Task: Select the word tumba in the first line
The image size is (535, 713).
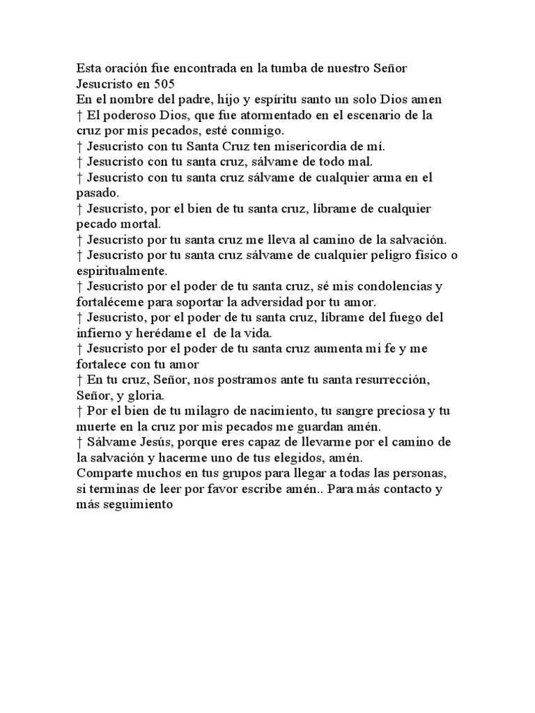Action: click(274, 69)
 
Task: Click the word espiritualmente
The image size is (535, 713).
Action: click(122, 270)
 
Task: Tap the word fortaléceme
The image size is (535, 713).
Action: click(111, 302)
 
